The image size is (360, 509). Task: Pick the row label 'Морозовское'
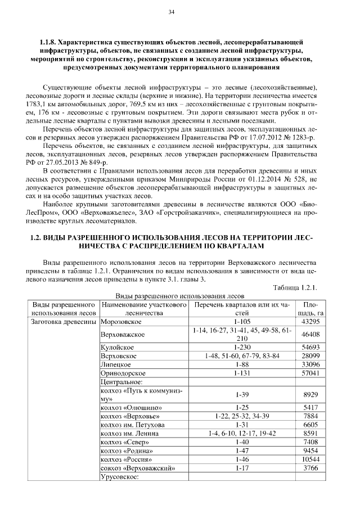pos(120,321)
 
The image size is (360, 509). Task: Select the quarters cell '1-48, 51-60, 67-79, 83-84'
pos(240,357)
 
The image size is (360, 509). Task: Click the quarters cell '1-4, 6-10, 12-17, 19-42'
pos(240,434)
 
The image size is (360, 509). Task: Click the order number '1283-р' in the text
pos(303,137)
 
